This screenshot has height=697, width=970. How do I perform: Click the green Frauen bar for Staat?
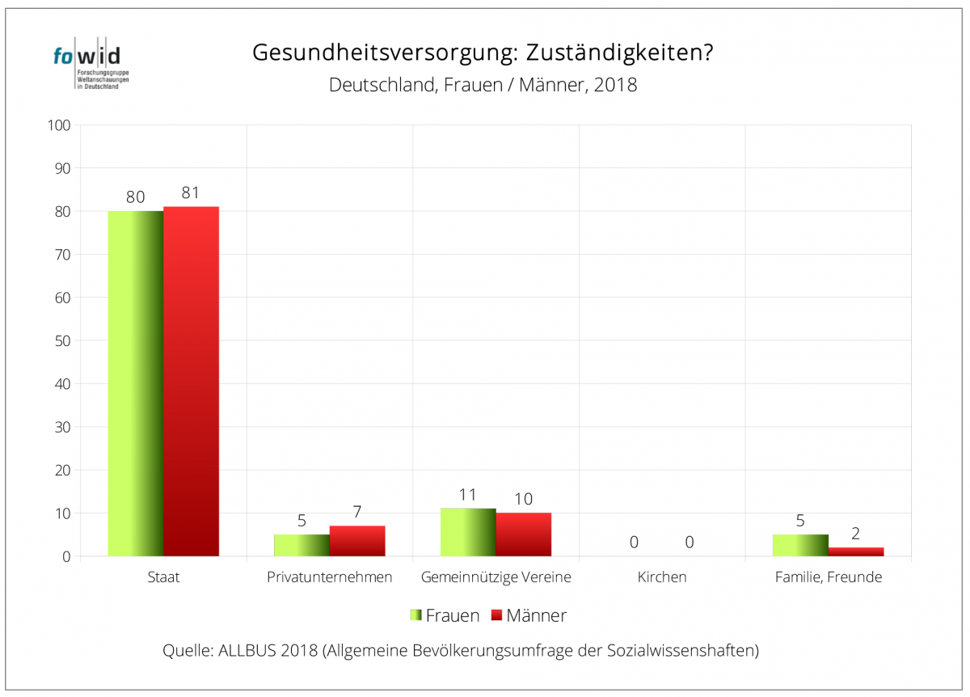point(136,383)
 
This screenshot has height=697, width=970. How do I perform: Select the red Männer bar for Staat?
point(191,382)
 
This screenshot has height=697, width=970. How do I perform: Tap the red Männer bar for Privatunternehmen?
point(357,541)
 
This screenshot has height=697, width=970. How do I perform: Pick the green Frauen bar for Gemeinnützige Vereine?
point(468,532)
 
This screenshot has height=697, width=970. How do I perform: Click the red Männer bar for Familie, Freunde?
point(855,551)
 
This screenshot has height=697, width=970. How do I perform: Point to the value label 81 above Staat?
point(191,193)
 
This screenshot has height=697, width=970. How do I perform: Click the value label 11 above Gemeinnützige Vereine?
point(468,495)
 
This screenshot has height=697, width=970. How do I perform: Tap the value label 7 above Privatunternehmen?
point(357,512)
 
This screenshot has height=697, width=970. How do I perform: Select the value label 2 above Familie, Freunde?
point(855,534)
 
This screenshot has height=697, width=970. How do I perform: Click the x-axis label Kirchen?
point(661,577)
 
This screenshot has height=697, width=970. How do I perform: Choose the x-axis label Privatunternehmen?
point(329,577)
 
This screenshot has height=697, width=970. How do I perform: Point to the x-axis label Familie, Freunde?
point(828,577)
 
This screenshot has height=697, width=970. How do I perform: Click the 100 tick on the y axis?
point(61,125)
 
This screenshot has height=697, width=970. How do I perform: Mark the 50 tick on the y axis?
point(63,340)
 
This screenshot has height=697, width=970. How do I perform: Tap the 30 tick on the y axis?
point(63,427)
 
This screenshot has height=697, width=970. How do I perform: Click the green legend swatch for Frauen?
point(415,615)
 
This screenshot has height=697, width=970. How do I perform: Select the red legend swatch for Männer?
point(496,615)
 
